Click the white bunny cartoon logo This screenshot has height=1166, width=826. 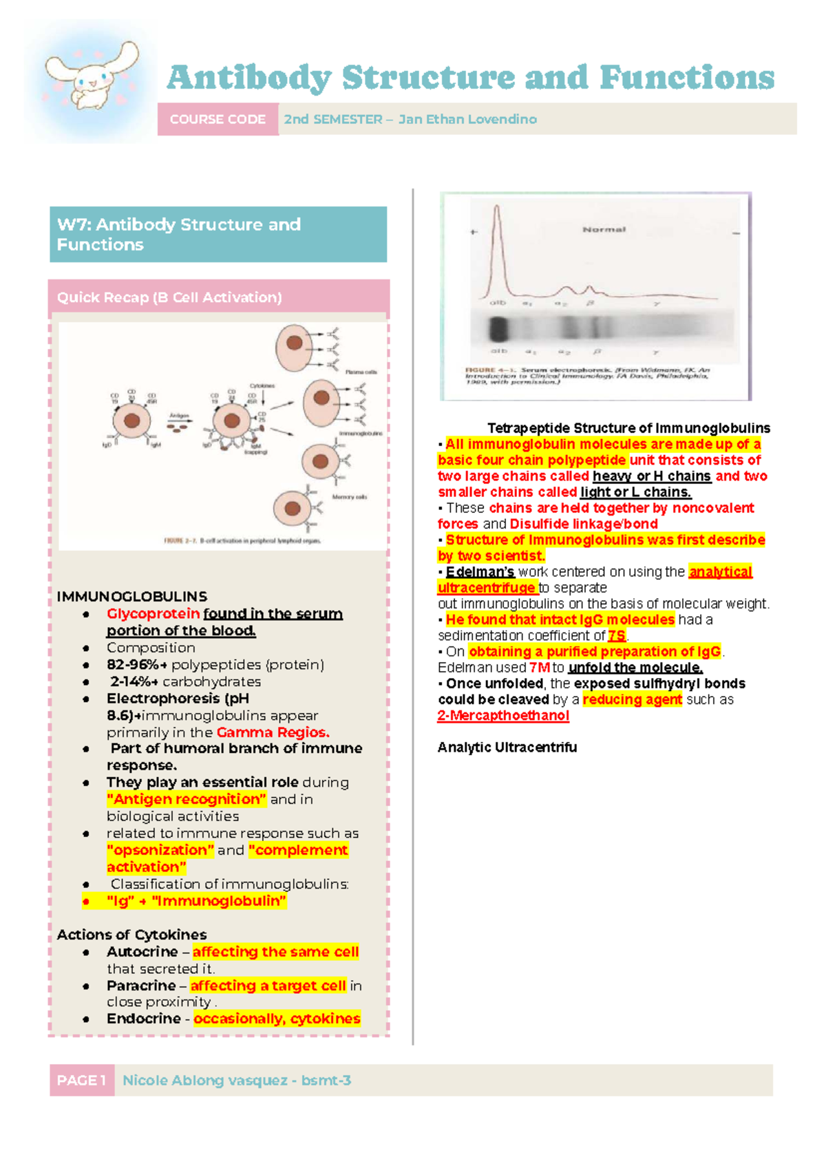(92, 76)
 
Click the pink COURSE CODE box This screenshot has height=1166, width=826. (218, 119)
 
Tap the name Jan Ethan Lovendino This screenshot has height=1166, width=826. (467, 119)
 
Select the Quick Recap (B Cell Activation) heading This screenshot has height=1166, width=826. (169, 297)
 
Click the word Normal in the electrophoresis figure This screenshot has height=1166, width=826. (604, 230)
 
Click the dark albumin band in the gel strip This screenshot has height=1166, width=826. (498, 329)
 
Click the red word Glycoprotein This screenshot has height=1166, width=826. (153, 613)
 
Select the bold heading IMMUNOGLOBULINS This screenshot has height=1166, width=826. (131, 596)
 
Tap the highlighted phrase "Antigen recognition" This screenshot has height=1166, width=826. (186, 799)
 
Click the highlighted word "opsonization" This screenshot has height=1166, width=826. (160, 850)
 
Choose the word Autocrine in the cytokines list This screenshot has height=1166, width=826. (142, 952)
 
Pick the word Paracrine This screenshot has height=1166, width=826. (140, 986)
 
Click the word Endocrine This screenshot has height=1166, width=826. (143, 1019)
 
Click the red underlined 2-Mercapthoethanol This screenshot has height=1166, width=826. (503, 716)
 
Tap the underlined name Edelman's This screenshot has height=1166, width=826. (480, 572)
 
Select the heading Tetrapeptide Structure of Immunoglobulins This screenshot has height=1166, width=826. (628, 428)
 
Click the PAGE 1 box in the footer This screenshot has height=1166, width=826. (81, 1080)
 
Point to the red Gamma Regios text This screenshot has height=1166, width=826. (273, 732)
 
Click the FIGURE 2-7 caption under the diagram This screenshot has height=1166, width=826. (242, 541)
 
